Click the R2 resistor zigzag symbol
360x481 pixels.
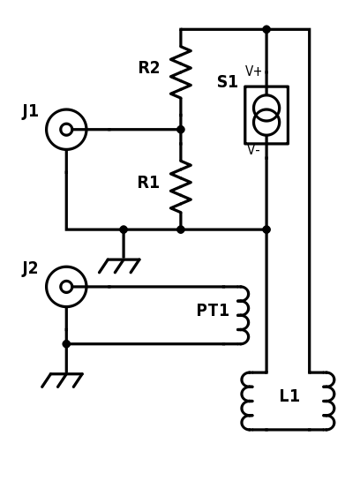[181, 72]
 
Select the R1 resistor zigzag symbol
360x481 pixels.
[181, 186]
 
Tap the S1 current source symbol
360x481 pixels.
[266, 115]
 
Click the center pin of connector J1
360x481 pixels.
[66, 130]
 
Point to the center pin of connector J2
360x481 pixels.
[66, 287]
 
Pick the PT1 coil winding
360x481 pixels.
[242, 315]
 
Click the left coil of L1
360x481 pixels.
[248, 401]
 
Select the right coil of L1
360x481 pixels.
[327, 401]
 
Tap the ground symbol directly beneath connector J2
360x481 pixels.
[62, 380]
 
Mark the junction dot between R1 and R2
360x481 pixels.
[181, 130]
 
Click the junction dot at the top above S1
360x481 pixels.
[266, 29]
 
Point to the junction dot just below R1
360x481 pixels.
[181, 229]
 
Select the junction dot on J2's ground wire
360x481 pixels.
[66, 344]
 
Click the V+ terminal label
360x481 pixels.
[253, 71]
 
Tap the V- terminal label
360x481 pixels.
[253, 150]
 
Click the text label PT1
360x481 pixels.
[213, 311]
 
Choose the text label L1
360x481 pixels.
[289, 396]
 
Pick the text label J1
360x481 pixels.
[30, 111]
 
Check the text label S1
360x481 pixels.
[228, 82]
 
